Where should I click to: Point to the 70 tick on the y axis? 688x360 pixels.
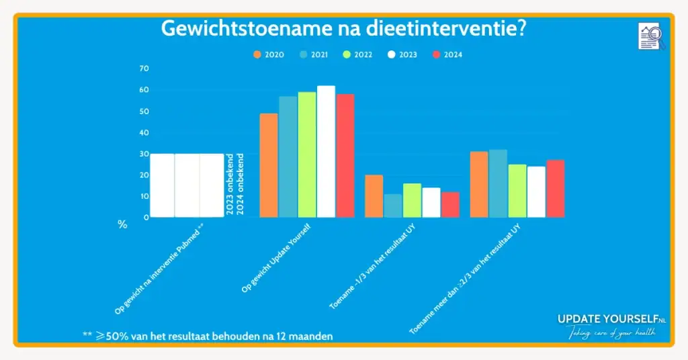pyautogui.click(x=144, y=69)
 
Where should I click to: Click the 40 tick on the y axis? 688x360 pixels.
pyautogui.click(x=144, y=132)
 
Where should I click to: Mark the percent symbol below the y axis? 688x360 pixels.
pyautogui.click(x=122, y=225)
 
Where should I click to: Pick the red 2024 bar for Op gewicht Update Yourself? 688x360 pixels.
pyautogui.click(x=345, y=156)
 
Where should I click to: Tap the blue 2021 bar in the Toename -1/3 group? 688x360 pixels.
pyautogui.click(x=393, y=206)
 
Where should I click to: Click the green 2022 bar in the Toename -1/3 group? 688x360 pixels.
pyautogui.click(x=412, y=200)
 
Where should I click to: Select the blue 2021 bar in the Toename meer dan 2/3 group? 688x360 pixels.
pyautogui.click(x=498, y=183)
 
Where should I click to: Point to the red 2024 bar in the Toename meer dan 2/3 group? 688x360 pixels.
pyautogui.click(x=556, y=189)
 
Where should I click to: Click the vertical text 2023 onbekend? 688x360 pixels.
pyautogui.click(x=230, y=186)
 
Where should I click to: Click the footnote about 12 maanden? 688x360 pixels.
pyautogui.click(x=208, y=334)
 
